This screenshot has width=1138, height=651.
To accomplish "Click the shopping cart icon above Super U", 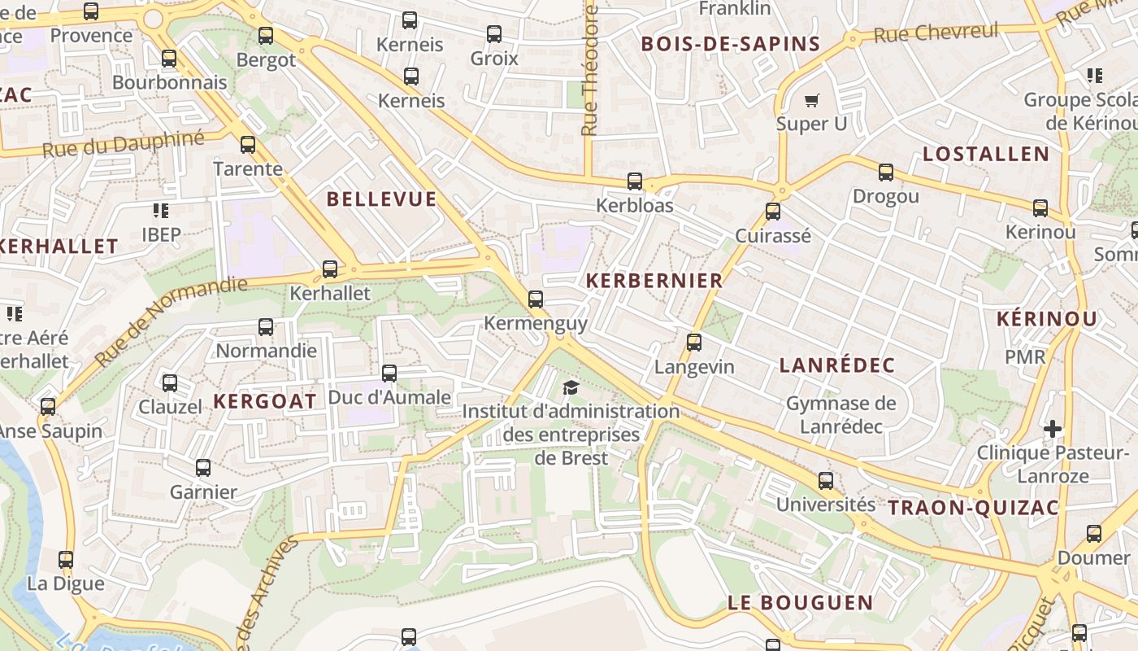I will coord(811,101).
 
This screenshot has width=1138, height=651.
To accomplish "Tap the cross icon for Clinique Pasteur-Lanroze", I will coord(1053,428).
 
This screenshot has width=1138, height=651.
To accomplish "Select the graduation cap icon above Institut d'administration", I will coord(571,387).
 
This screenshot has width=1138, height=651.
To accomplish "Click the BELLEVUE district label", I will coord(381,199).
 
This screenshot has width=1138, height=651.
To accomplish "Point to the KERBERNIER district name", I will coord(654,281).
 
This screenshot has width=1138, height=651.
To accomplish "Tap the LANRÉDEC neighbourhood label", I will coord(837,365).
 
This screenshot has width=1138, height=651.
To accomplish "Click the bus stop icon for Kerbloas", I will coord(635,181).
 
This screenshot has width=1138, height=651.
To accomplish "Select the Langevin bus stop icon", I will coord(694,343).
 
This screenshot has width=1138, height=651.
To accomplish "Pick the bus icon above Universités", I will coord(826,481).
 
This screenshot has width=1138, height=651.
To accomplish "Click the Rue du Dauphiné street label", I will coord(124,144).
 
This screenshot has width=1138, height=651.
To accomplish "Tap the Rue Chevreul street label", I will coord(936,33).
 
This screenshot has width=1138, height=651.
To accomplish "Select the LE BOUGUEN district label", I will coord(800,603).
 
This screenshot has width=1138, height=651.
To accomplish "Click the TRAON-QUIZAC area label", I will coord(973,509).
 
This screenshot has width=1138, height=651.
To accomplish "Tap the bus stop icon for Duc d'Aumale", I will coord(389,374).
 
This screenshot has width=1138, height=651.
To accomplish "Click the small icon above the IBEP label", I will coord(161,211).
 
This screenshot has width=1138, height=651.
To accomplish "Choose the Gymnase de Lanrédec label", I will coord(840,415).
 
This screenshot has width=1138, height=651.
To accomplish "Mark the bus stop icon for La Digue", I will coord(66,560).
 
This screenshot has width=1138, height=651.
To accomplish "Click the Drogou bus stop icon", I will coord(886,173).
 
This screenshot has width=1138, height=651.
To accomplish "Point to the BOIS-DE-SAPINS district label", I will coord(731,44).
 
